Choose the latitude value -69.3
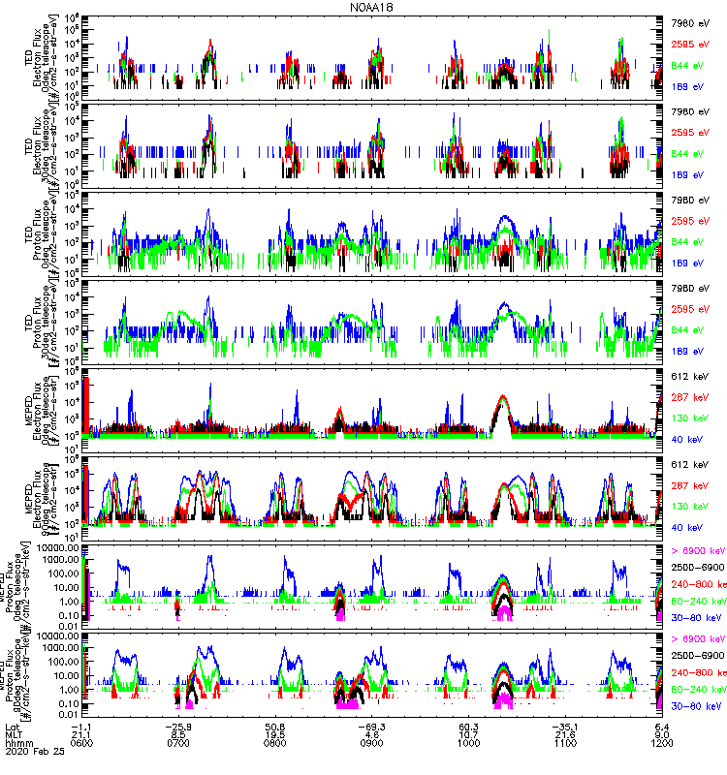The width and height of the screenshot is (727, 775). coord(373,725)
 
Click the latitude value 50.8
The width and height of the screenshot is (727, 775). coord(278,725)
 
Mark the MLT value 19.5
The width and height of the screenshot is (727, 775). coord(278,733)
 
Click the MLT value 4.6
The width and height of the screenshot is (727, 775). coord(373,733)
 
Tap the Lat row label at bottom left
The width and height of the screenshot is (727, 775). coord(13,725)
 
